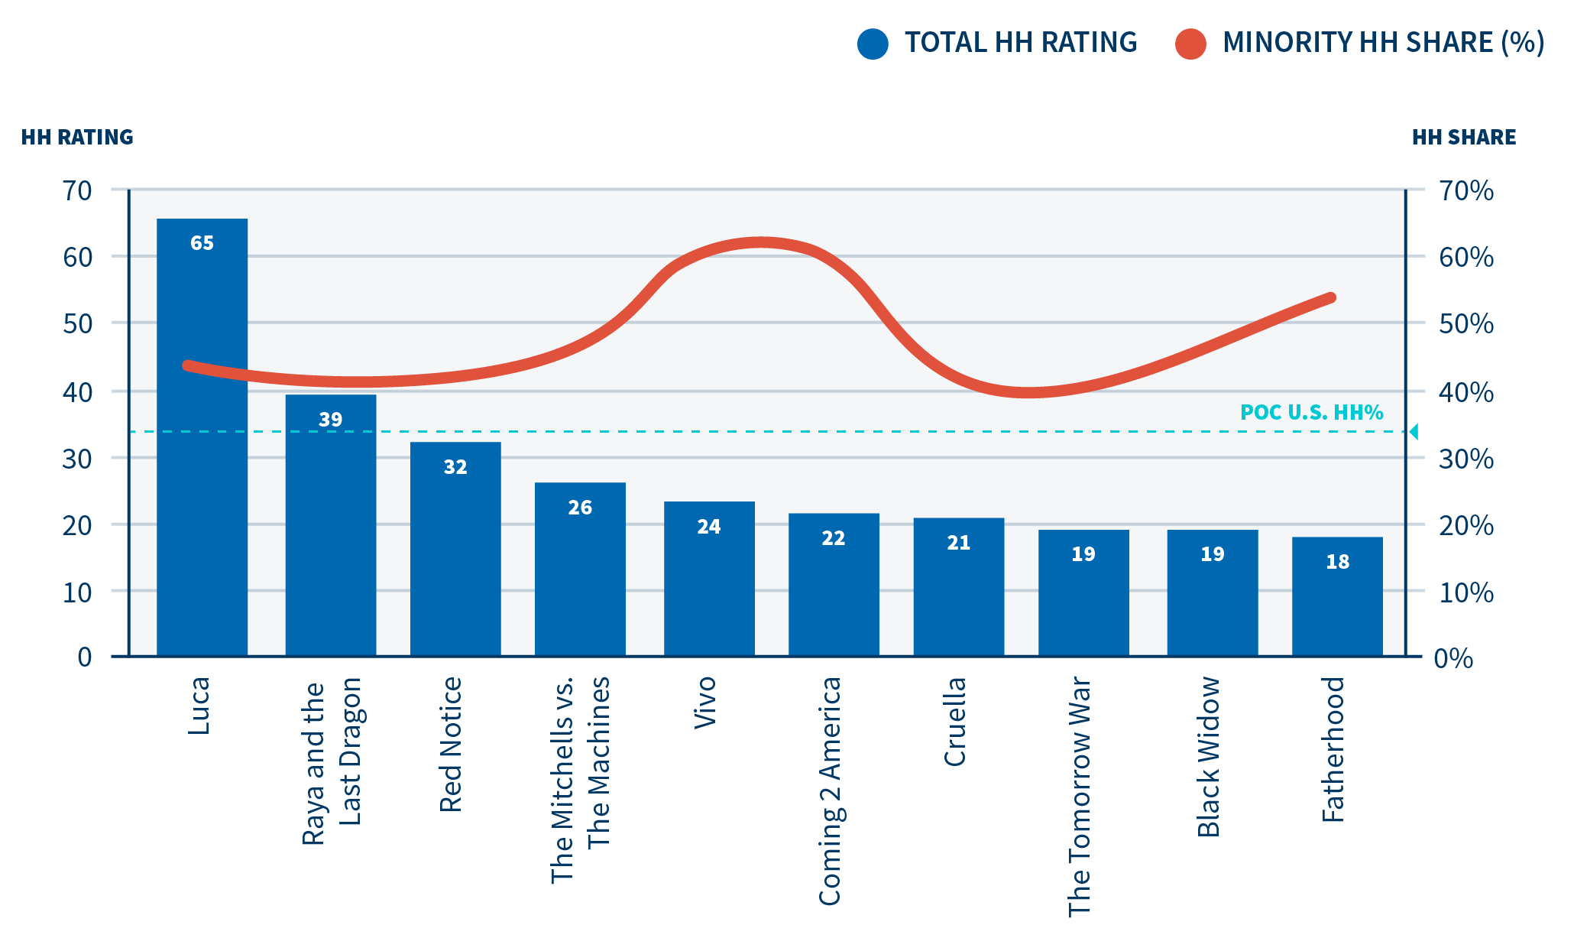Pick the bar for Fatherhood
pyautogui.click(x=1337, y=596)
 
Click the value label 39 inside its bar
pyautogui.click(x=330, y=420)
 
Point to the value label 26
pyautogui.click(x=580, y=508)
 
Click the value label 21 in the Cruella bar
pyautogui.click(x=958, y=543)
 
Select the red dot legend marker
pyautogui.click(x=1190, y=44)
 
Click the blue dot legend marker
pyautogui.click(x=873, y=44)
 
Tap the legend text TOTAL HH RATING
pyautogui.click(x=1021, y=43)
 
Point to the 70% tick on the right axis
pyautogui.click(x=1466, y=190)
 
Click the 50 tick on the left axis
pyautogui.click(x=78, y=323)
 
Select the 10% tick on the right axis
pyautogui.click(x=1466, y=592)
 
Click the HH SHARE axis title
pyautogui.click(x=1463, y=138)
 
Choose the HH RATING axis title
pyautogui.click(x=77, y=138)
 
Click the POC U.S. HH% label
pyautogui.click(x=1311, y=413)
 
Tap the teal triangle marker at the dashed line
pyautogui.click(x=1414, y=432)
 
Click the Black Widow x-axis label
pyautogui.click(x=1209, y=757)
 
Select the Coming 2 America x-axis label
pyautogui.click(x=831, y=791)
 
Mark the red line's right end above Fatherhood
pyautogui.click(x=1330, y=298)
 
